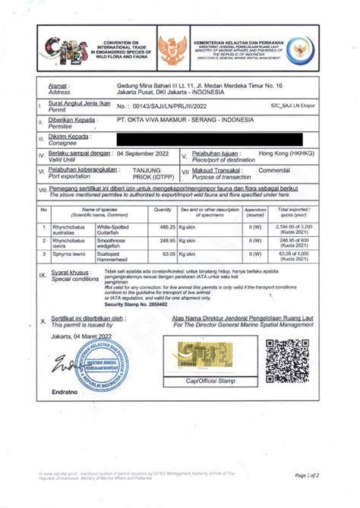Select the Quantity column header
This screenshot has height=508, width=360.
163,210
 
